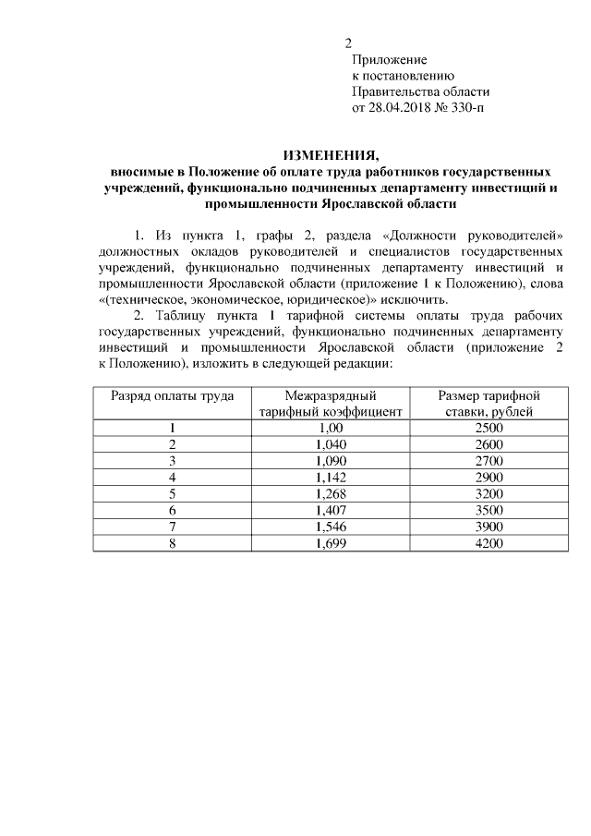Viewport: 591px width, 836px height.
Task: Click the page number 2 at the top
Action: point(348,43)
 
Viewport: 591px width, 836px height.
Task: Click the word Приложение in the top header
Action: point(387,60)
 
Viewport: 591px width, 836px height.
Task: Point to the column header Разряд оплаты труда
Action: point(173,395)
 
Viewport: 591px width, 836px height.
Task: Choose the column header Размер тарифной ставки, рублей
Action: point(488,404)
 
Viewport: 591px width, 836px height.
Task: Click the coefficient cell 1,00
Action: point(330,428)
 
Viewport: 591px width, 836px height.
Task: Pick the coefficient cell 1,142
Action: point(330,477)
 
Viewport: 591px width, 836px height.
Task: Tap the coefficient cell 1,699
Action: point(330,542)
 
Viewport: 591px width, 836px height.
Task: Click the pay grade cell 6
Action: point(172,509)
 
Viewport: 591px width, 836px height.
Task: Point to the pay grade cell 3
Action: point(172,460)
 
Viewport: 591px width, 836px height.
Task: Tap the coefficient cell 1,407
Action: point(330,509)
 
